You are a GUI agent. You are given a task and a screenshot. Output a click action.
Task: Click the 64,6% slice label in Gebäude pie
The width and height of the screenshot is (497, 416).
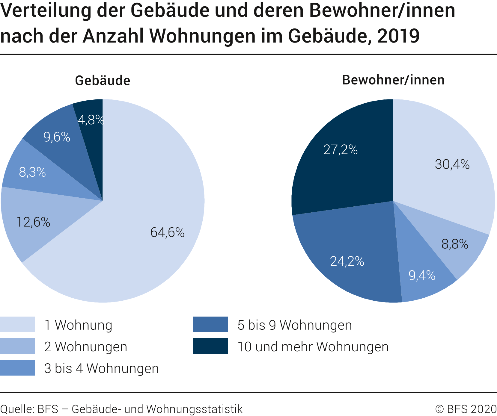167,232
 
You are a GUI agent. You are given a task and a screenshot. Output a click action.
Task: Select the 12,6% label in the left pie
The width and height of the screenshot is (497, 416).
33,222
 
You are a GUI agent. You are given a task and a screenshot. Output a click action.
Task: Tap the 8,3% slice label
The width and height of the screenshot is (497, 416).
32,172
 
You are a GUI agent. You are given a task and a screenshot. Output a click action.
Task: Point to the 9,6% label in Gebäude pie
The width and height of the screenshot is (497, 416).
57,137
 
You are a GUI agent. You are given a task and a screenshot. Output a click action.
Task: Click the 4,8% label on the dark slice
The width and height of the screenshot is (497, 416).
91,120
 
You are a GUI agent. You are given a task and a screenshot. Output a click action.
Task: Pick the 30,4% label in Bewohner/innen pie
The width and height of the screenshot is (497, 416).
452,164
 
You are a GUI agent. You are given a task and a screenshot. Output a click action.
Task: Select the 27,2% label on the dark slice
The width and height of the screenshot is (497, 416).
341,150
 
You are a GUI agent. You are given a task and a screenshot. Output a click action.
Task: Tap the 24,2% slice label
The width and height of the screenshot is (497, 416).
347,261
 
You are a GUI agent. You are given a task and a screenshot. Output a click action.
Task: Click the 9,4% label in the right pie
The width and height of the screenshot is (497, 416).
422,275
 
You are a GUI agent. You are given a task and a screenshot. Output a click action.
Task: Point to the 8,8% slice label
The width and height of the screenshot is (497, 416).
455,244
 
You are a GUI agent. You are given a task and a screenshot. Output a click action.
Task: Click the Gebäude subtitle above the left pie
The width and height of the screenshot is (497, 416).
103,81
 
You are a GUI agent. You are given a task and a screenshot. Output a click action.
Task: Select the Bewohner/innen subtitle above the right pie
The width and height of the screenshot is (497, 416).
393,80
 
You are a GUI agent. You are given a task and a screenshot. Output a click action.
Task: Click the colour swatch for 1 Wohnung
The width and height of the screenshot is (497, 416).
17,324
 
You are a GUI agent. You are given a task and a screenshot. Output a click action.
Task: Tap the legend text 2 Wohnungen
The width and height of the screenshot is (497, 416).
86,347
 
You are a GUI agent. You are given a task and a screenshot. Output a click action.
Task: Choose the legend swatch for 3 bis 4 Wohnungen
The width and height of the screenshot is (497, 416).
17,367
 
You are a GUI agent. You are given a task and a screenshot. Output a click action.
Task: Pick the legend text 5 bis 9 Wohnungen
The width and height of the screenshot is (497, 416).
295,325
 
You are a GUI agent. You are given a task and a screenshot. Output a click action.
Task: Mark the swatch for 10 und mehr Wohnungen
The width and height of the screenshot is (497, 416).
210,346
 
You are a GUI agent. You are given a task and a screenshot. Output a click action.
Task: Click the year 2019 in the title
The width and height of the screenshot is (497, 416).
398,36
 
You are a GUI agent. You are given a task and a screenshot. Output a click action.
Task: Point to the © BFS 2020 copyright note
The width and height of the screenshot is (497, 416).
466,409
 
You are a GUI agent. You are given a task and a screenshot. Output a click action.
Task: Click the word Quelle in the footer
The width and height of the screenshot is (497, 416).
17,409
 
